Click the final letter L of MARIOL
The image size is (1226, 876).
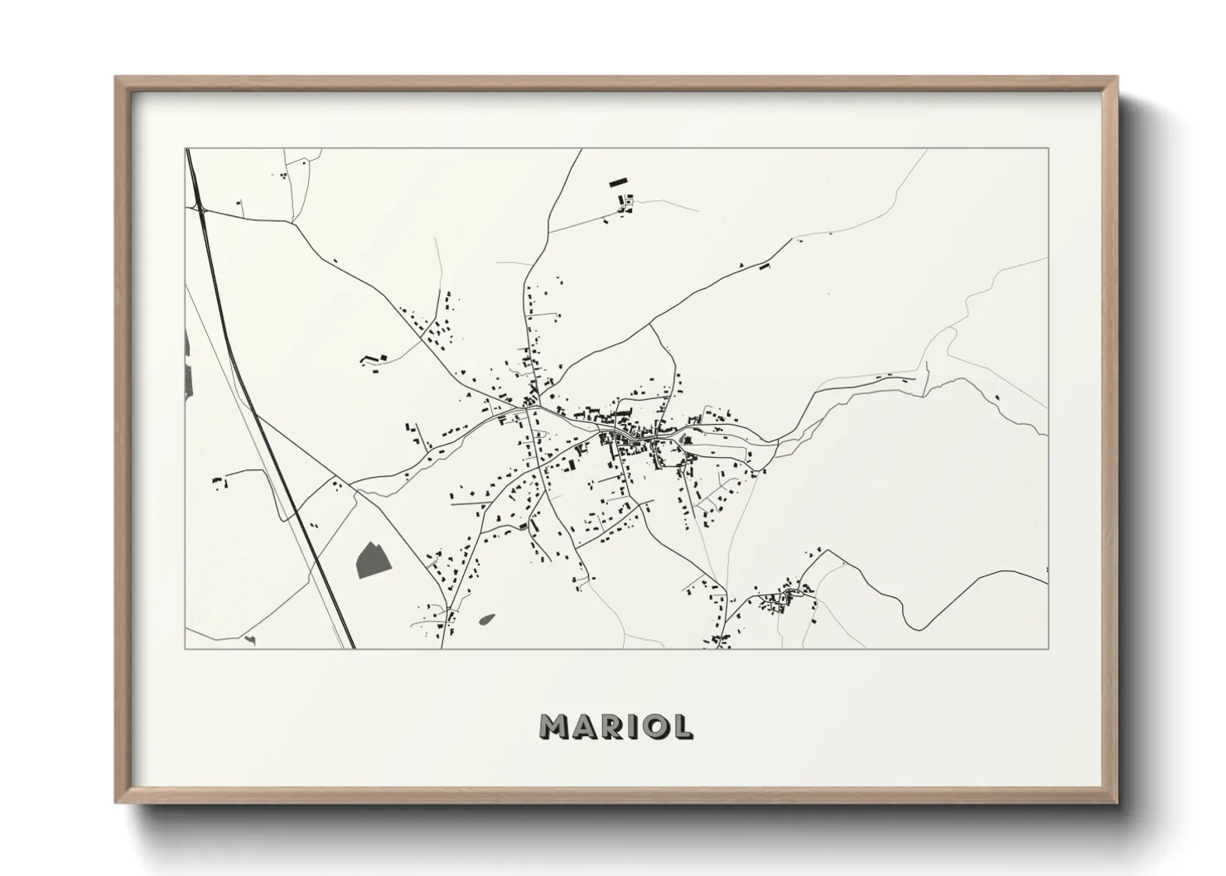tap(683, 726)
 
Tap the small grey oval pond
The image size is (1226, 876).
tap(486, 618)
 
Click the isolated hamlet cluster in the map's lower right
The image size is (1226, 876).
tap(783, 598)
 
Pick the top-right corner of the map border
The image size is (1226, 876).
tap(1048, 148)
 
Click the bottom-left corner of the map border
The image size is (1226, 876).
tap(186, 648)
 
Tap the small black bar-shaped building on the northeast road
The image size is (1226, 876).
tap(765, 267)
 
